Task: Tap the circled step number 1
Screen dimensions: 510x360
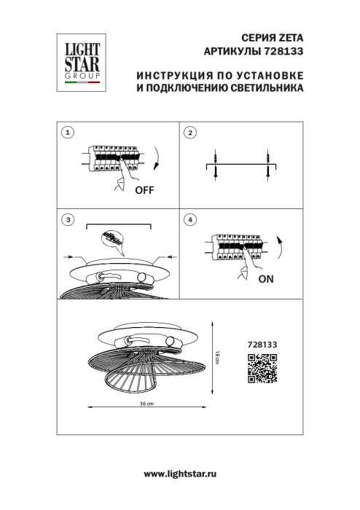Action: coord(68,133)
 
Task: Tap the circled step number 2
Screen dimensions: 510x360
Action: coord(190,133)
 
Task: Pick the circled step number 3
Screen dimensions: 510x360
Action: coord(68,219)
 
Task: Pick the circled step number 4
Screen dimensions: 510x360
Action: coord(190,219)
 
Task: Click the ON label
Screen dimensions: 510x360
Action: coord(266,278)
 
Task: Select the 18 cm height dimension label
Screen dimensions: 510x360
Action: coord(216,358)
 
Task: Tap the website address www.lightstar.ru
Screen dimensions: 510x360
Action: coord(180,474)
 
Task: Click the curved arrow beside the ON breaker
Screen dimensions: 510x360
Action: coord(281,246)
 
